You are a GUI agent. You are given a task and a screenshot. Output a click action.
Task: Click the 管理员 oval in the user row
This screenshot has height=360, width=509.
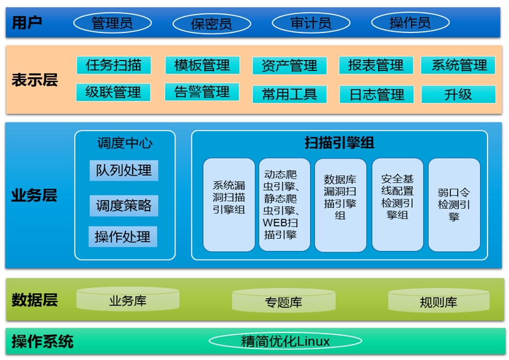(113, 23)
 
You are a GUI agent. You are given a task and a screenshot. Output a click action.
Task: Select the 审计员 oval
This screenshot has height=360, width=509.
(311, 23)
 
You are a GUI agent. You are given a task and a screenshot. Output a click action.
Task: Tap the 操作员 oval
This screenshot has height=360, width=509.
(410, 23)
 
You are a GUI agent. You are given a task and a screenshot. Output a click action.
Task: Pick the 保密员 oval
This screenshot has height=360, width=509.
(212, 24)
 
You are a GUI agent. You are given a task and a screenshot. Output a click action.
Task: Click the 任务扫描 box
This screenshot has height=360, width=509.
(114, 65)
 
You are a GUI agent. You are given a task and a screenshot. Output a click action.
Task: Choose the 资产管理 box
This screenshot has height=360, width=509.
(289, 66)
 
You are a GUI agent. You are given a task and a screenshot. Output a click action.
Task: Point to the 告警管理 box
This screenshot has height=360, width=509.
(202, 92)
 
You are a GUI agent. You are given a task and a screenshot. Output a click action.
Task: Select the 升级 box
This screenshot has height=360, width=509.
(458, 94)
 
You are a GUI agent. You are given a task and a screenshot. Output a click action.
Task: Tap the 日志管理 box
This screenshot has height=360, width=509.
(377, 94)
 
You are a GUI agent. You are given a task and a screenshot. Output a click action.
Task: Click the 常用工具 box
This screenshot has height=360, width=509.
(289, 94)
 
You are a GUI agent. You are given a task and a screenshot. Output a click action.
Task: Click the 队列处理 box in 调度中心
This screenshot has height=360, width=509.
(124, 170)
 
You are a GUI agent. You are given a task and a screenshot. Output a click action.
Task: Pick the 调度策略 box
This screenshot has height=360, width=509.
(124, 206)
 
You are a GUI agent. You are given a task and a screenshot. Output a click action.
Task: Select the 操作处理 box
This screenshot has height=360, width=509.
(123, 236)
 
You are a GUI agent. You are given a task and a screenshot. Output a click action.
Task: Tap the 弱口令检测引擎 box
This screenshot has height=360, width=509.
(454, 204)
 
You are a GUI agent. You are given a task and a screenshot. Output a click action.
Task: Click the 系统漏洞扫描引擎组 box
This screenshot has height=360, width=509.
(229, 204)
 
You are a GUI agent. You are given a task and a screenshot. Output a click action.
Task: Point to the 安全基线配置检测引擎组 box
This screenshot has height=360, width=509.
(398, 204)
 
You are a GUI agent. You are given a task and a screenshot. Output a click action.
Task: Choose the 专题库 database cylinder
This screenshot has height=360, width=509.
(284, 301)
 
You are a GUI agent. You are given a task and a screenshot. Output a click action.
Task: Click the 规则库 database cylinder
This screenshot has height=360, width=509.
(439, 301)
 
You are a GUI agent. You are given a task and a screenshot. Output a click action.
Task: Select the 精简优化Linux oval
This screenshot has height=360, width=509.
(285, 341)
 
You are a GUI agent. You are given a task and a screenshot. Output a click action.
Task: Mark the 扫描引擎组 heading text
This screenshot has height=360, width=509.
(339, 143)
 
